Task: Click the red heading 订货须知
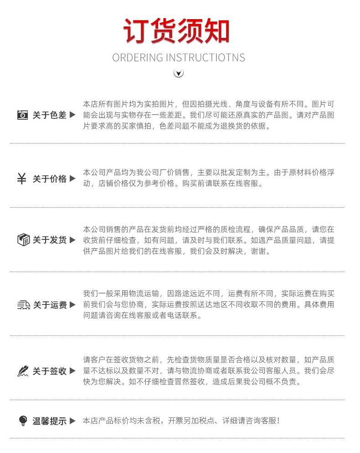pyautogui.click(x=176, y=31)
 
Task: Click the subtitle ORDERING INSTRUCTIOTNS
pyautogui.click(x=179, y=57)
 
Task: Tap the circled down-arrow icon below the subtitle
pyautogui.click(x=179, y=73)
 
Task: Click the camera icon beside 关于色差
pyautogui.click(x=22, y=115)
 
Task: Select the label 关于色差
pyautogui.click(x=49, y=115)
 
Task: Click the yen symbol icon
pyautogui.click(x=22, y=179)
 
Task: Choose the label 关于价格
pyautogui.click(x=49, y=179)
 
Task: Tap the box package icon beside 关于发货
pyautogui.click(x=23, y=240)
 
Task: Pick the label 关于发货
pyautogui.click(x=49, y=240)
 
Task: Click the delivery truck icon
pyautogui.click(x=23, y=305)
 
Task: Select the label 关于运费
pyautogui.click(x=49, y=305)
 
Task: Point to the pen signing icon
pyautogui.click(x=23, y=371)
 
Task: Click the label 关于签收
pyautogui.click(x=49, y=371)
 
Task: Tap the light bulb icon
pyautogui.click(x=23, y=421)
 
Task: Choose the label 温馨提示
pyautogui.click(x=49, y=421)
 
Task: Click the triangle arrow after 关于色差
pyautogui.click(x=72, y=115)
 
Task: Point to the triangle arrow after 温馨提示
pyautogui.click(x=72, y=421)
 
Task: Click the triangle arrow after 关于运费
pyautogui.click(x=72, y=304)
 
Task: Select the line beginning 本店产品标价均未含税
pyautogui.click(x=181, y=421)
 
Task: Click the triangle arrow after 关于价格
pyautogui.click(x=72, y=178)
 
